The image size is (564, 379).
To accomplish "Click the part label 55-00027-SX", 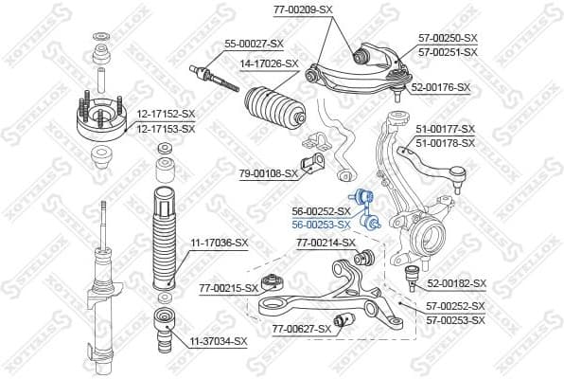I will (253, 44).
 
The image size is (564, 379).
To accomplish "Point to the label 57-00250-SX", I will (449, 38).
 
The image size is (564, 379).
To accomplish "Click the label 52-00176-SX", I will (441, 87).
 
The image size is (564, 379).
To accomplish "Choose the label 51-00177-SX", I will (446, 129).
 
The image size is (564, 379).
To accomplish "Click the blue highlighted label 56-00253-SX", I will (321, 224).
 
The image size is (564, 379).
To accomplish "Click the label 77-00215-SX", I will (228, 287).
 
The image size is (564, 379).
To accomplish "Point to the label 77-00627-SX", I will (302, 329).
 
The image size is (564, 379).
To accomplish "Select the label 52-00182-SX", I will (455, 283).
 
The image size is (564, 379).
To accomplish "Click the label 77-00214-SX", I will (326, 243).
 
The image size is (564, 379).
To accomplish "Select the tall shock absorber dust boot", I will (163, 237).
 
